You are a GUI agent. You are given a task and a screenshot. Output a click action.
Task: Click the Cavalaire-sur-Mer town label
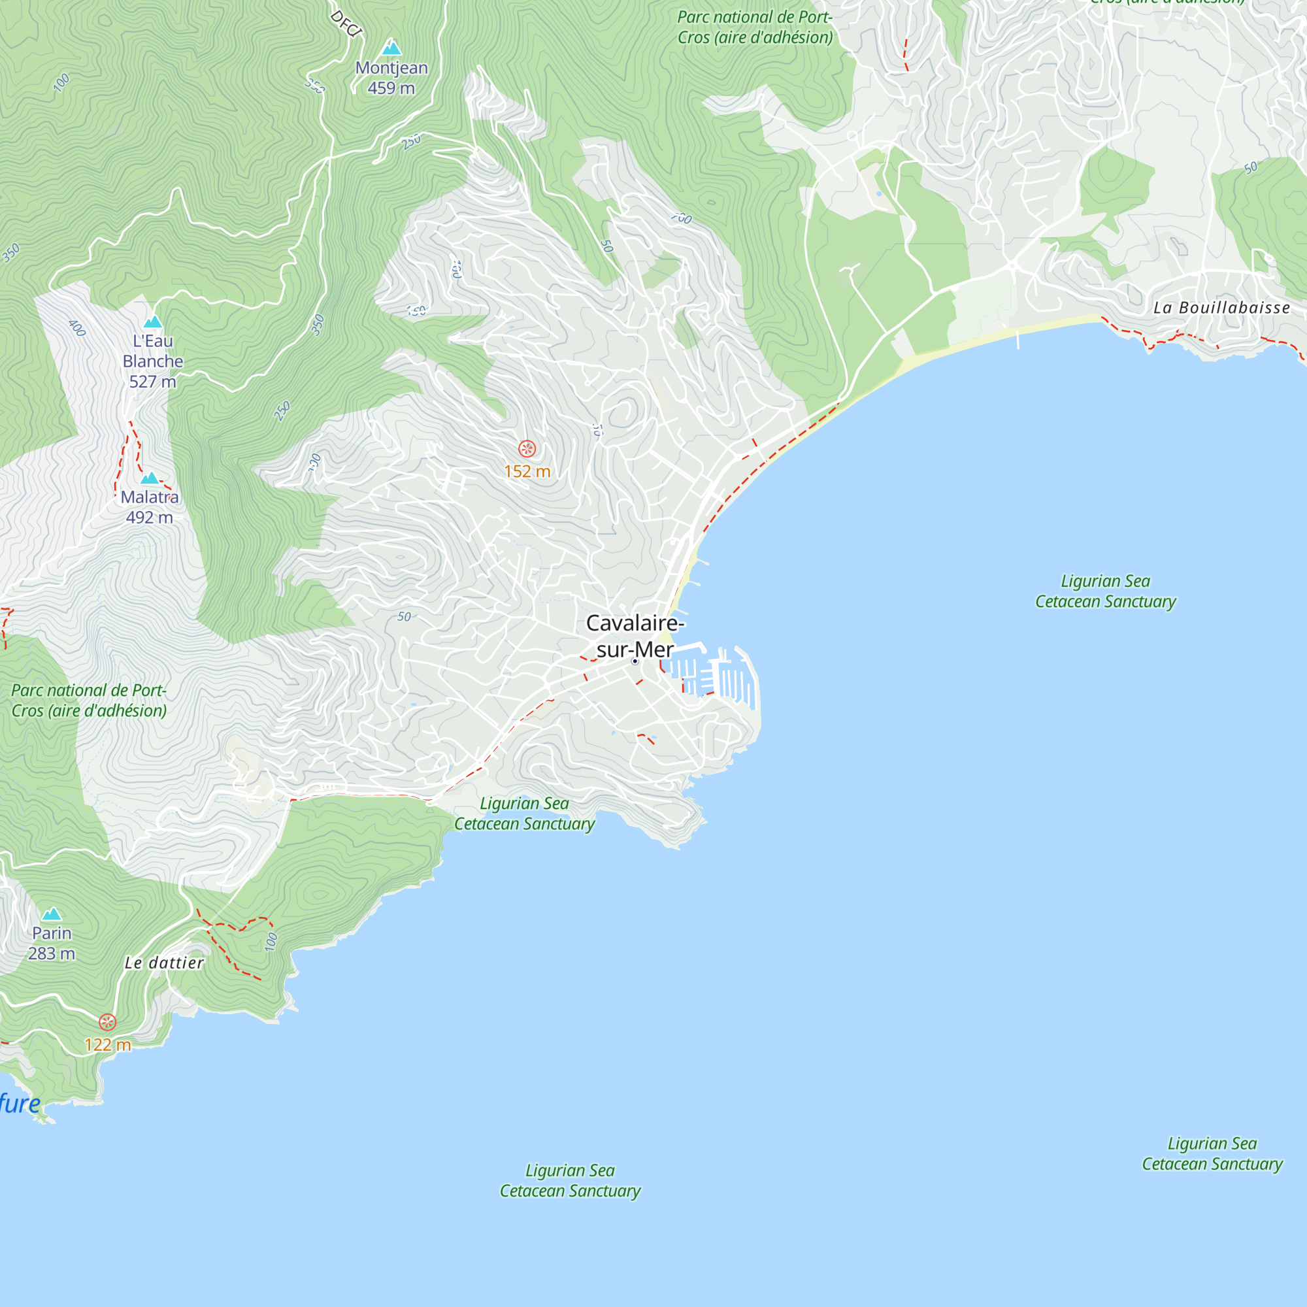point(634,635)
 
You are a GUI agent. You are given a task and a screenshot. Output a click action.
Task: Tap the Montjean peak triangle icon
point(391,48)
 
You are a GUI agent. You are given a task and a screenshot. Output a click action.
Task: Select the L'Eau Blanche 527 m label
point(153,361)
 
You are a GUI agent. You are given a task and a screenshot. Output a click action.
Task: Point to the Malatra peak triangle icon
point(150,478)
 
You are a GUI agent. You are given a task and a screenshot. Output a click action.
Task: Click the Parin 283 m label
point(52,942)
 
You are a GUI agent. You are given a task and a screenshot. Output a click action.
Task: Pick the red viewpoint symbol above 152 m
point(527,448)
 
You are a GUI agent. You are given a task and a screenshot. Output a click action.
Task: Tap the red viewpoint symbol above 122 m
point(108,1022)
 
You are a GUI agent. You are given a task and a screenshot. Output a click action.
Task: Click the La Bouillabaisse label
point(1222,308)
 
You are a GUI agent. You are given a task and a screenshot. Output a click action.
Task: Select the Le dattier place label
point(165,963)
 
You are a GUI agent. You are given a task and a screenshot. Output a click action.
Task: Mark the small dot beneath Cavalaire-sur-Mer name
point(635,661)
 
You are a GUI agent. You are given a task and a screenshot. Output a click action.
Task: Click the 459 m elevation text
point(391,88)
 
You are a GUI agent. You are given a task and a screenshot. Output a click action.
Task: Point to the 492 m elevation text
point(150,518)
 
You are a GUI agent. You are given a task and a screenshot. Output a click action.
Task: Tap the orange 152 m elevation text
point(527,472)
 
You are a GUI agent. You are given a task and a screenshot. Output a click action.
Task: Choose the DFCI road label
point(346,24)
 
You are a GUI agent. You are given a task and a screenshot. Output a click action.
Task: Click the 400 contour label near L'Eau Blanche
point(77,328)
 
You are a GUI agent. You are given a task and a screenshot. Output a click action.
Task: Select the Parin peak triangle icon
point(52,915)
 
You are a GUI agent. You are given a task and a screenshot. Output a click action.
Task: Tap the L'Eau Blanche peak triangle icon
point(153,322)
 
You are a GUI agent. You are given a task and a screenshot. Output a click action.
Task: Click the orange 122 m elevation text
point(108,1045)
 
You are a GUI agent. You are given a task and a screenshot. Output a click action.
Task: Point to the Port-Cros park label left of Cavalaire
point(89,700)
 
